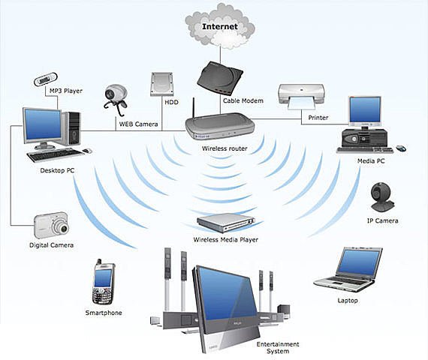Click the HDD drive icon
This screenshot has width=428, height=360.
click(x=162, y=84)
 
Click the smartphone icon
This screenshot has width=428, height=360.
click(x=103, y=281)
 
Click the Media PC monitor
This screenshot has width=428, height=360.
click(x=365, y=112)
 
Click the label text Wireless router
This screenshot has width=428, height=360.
click(x=223, y=148)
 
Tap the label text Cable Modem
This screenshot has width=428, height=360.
click(x=240, y=100)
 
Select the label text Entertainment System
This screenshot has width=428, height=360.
click(x=277, y=347)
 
